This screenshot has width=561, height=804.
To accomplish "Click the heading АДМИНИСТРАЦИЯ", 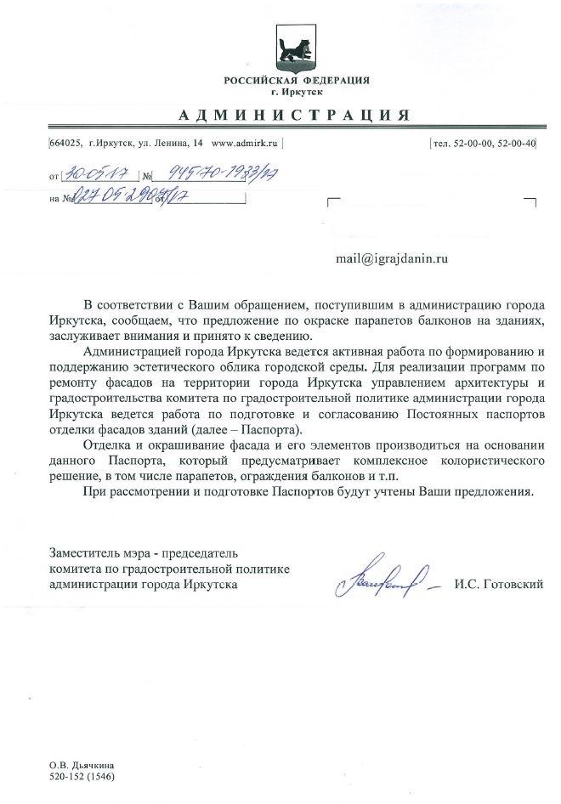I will tap(297, 115).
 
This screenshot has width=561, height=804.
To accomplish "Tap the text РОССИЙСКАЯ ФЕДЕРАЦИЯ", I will tap(297, 80).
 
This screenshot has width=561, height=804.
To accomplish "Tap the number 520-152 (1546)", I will tap(82, 778).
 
